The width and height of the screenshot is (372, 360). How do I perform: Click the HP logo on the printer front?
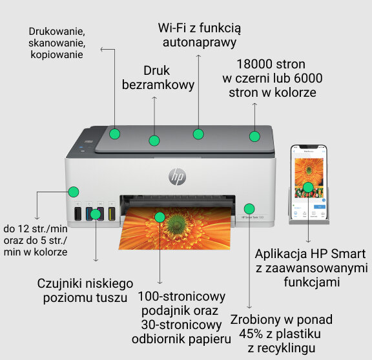(x=176, y=175)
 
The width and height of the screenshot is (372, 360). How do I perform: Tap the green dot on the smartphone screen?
(x=308, y=188)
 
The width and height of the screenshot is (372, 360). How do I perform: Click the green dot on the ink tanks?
(x=95, y=214)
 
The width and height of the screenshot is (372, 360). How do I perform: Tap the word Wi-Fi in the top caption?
(x=172, y=28)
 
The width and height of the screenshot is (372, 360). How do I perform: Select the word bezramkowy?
(x=154, y=85)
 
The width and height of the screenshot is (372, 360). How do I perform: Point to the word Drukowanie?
(x=57, y=30)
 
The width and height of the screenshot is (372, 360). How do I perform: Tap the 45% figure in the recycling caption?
(x=250, y=334)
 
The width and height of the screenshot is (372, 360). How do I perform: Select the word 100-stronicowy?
(x=181, y=297)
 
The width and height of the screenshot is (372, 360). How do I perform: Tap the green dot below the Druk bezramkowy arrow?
(x=154, y=140)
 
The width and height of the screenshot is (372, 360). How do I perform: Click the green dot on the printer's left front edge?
(x=74, y=192)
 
